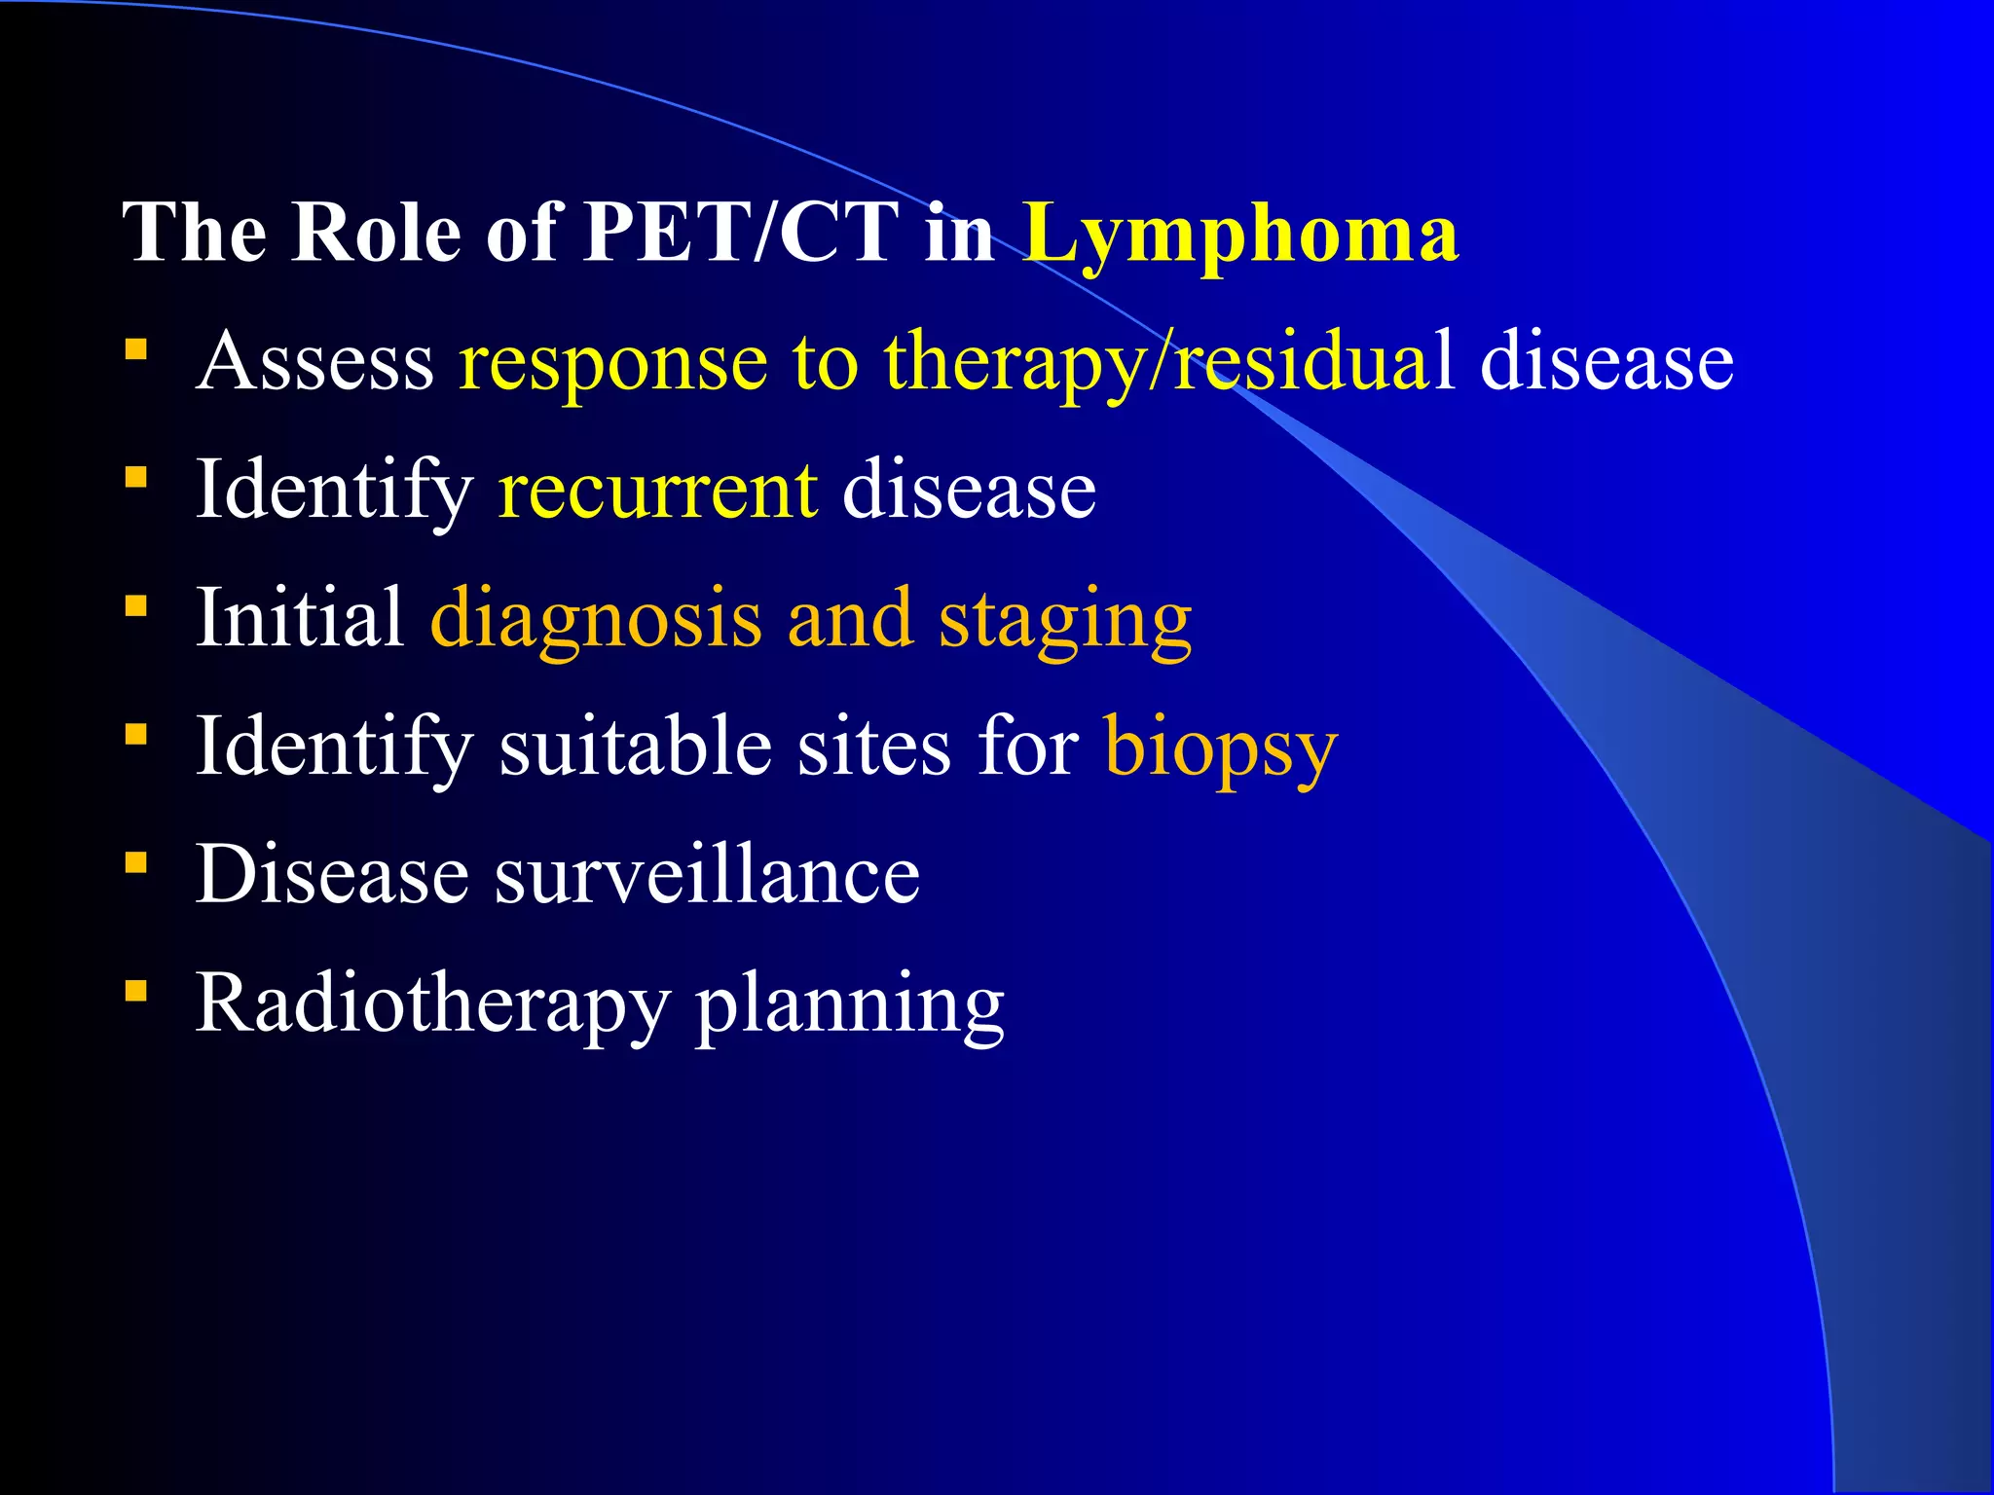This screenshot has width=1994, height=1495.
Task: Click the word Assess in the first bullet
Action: click(314, 362)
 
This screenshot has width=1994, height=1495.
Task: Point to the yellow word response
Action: click(613, 362)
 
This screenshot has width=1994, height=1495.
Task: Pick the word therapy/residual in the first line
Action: click(1168, 362)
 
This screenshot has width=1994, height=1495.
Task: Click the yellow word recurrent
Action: click(657, 490)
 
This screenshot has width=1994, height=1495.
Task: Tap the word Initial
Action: click(300, 618)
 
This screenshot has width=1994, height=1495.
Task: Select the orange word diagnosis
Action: click(596, 618)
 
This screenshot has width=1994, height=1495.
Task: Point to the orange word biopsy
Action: click(1221, 747)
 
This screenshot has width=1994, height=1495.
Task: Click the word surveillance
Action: click(707, 874)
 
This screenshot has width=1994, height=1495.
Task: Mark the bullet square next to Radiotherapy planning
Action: click(136, 992)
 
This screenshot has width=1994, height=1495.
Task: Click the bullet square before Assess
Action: click(136, 349)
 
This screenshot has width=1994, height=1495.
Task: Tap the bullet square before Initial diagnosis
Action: click(136, 606)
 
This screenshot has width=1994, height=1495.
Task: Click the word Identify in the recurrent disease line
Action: click(334, 490)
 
